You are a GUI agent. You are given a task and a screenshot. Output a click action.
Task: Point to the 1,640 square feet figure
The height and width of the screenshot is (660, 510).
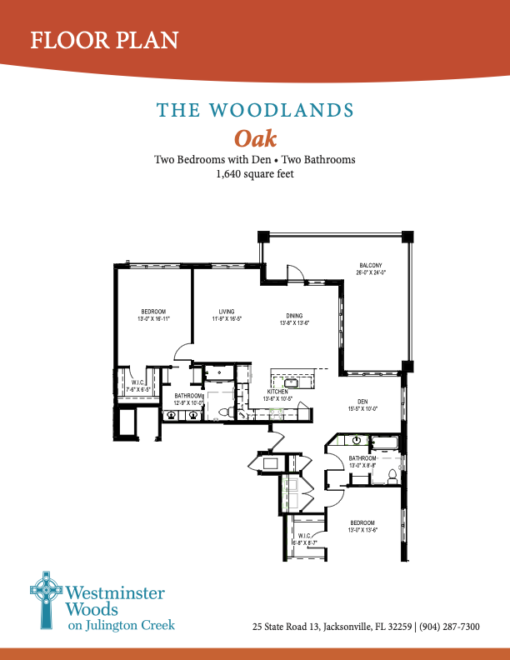coord(255,175)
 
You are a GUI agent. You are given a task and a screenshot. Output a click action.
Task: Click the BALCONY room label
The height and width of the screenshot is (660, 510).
coord(368,266)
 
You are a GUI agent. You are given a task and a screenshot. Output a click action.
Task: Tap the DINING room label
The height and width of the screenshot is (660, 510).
coord(294,317)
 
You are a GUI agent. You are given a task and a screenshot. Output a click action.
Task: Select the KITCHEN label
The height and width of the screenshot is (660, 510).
coord(277,392)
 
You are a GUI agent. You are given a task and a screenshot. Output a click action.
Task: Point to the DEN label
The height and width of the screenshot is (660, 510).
coord(362,402)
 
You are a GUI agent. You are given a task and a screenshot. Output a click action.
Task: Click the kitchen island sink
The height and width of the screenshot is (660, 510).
coord(302,382)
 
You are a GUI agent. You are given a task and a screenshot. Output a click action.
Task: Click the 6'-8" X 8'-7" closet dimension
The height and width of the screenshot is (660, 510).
coord(306,542)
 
